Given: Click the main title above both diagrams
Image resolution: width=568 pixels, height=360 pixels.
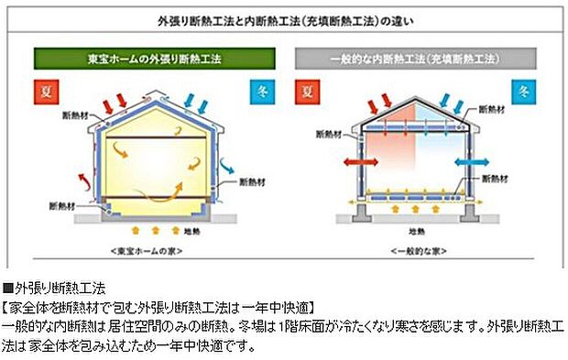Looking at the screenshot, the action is [x=283, y=20].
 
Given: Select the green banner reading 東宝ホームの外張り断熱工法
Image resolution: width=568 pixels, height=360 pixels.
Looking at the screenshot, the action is [x=147, y=58].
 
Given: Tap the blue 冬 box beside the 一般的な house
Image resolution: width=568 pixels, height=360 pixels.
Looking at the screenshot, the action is [x=522, y=92].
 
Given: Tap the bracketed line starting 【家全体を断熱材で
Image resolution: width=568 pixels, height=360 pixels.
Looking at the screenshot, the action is [x=160, y=305].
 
